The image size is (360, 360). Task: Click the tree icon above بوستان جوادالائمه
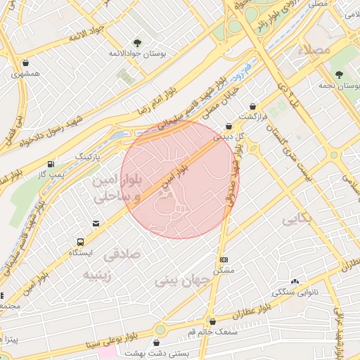(x=137, y=42)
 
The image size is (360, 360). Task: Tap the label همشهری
(x=25, y=73)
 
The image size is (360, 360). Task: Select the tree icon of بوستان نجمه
(x=340, y=74)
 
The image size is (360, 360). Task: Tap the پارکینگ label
(x=89, y=153)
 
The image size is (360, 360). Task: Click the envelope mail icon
(x=95, y=224)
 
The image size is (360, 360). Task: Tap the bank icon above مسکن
(x=224, y=259)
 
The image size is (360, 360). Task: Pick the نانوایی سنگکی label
(x=295, y=290)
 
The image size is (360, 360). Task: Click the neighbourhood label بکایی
(x=295, y=220)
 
